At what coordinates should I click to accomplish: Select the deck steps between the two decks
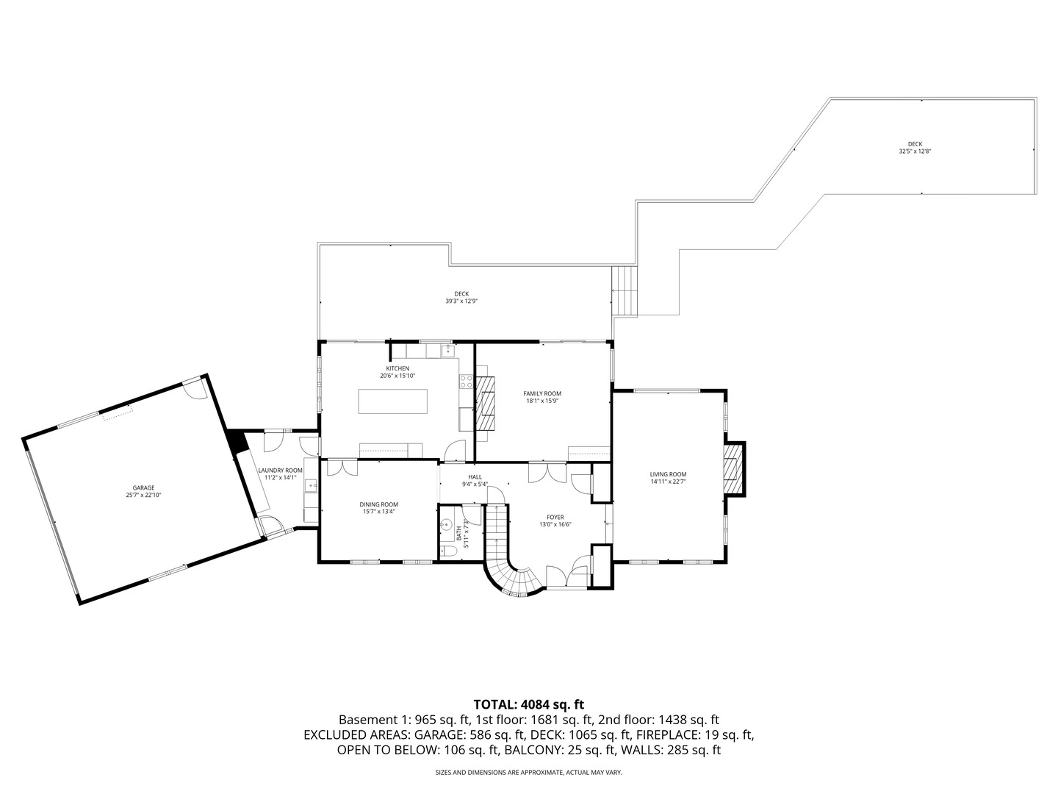(x=625, y=290)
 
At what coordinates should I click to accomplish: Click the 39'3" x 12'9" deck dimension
(x=461, y=301)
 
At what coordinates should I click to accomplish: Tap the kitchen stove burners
(x=466, y=382)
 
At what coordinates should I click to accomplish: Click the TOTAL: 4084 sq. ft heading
(x=529, y=704)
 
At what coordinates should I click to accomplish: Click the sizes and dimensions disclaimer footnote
(x=529, y=772)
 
